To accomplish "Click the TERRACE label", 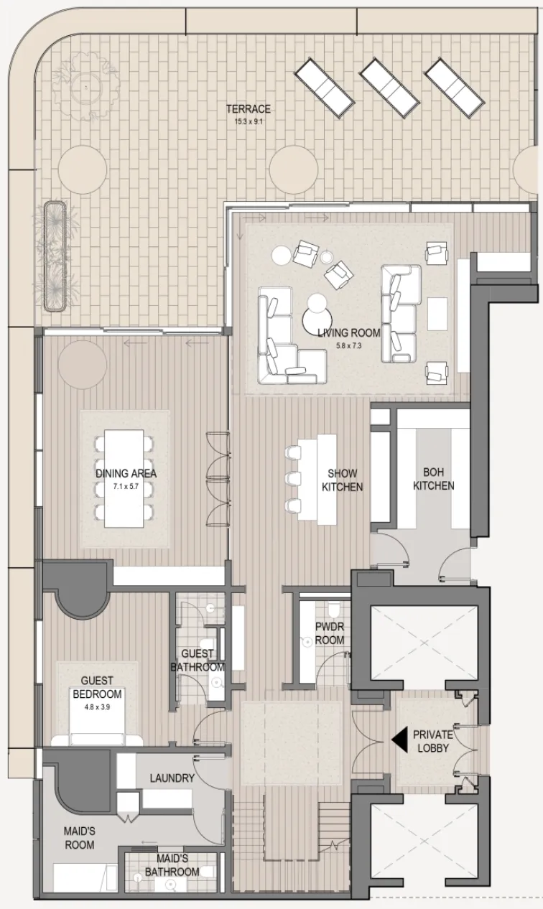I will [249, 109].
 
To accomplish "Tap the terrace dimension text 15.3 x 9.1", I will [249, 121].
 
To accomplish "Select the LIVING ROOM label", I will [348, 333].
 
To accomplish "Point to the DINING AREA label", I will [126, 474].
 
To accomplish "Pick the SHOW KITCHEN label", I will [342, 480].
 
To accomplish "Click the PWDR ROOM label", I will [330, 633].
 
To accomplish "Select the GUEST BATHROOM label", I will [197, 661].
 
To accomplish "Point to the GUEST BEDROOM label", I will [97, 688].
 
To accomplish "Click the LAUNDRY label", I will [172, 778].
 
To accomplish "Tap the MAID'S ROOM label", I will [79, 838].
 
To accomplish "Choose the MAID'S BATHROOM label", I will [172, 865].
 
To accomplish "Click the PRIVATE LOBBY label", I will [432, 741].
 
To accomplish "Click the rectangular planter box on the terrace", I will [55, 256].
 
